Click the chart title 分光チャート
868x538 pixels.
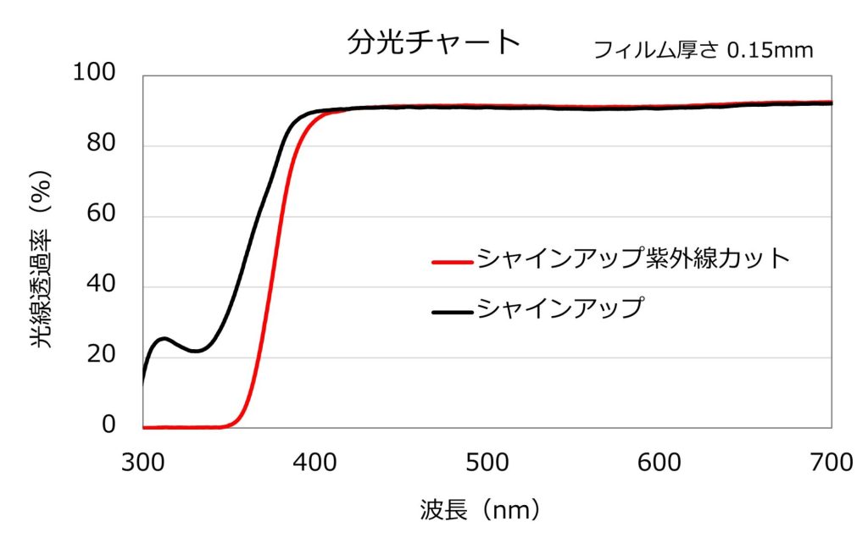tap(433, 42)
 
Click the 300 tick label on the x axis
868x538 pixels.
tap(142, 463)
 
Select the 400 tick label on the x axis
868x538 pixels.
tap(314, 463)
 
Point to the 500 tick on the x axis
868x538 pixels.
tap(487, 463)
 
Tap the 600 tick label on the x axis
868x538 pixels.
tap(659, 463)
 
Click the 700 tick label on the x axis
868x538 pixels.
tap(831, 463)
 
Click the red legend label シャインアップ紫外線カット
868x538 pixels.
tap(633, 259)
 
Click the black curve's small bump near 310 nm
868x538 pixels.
tap(164, 339)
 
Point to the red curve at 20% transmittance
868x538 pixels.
tap(259, 357)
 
